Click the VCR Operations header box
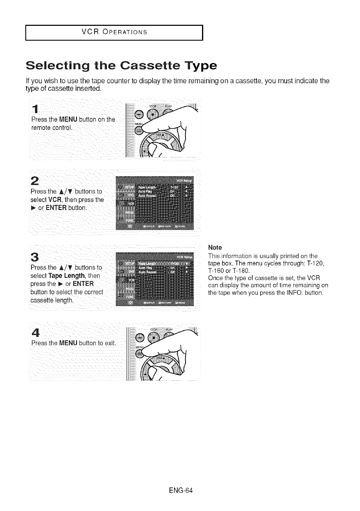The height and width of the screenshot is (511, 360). click(x=114, y=33)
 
